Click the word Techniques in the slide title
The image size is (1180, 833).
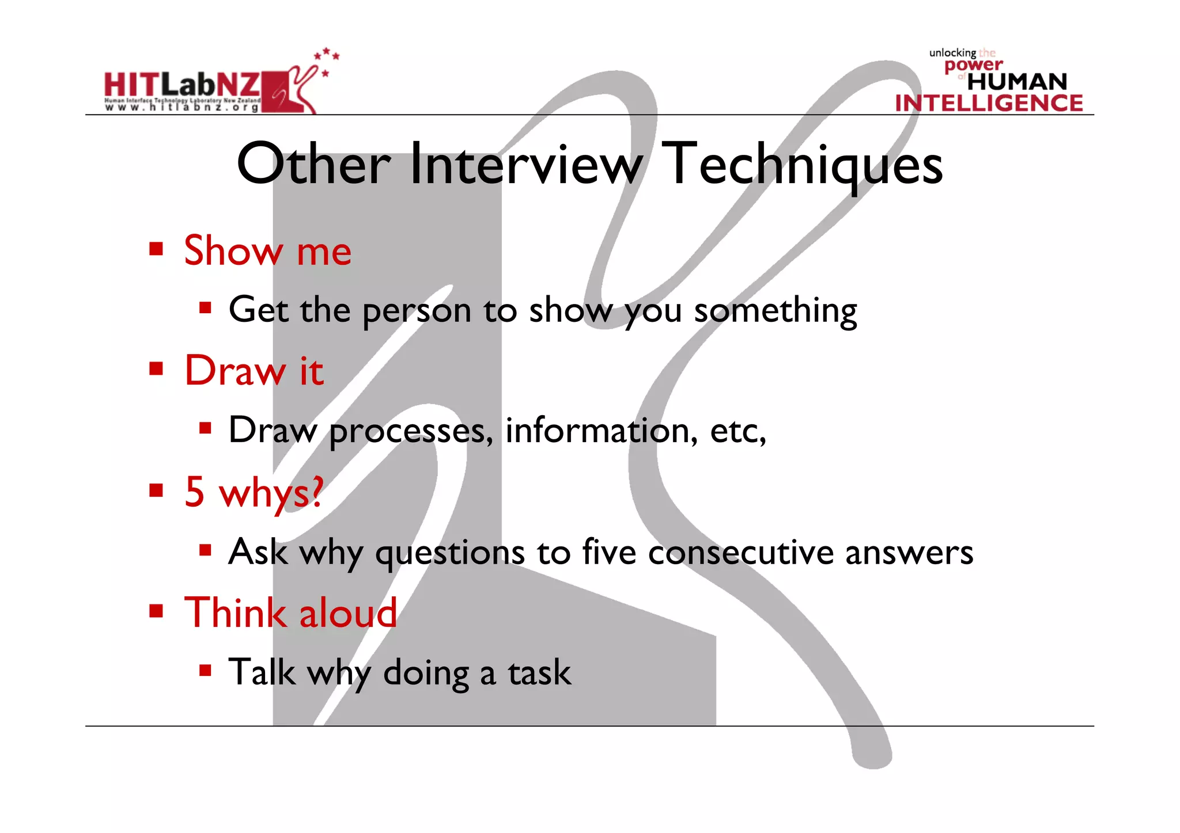coord(801,165)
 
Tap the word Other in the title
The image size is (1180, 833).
coord(314,165)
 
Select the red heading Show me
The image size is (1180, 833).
coord(267,251)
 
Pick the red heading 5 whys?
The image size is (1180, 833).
coord(254,492)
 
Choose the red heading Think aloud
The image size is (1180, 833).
coord(290,613)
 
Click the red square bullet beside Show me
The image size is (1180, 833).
coord(156,249)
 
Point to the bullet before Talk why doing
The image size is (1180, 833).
coord(206,670)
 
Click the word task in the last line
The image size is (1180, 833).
coord(539,672)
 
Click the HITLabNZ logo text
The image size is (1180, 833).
coord(182,86)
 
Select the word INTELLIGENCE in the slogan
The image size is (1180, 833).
coord(989,103)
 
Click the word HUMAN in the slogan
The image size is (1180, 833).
coord(1017,82)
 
